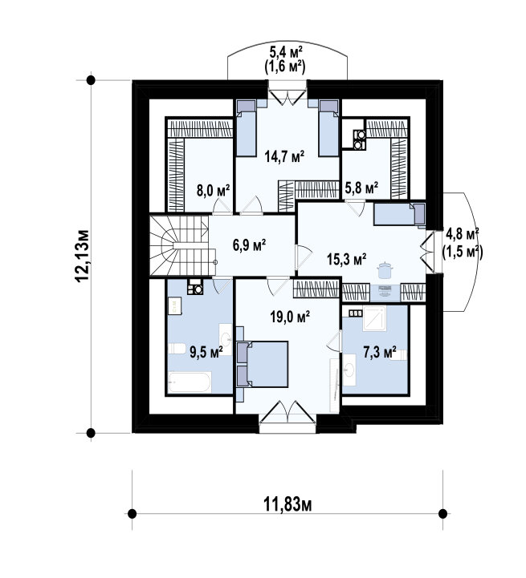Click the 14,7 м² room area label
(x=284, y=156)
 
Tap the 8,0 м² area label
(x=213, y=191)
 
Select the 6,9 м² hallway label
(x=250, y=245)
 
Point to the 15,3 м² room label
(x=346, y=259)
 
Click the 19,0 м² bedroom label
(x=290, y=317)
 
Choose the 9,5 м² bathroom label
(x=206, y=351)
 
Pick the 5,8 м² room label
(x=361, y=188)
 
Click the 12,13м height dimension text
(x=82, y=257)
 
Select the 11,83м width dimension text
(x=287, y=504)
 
